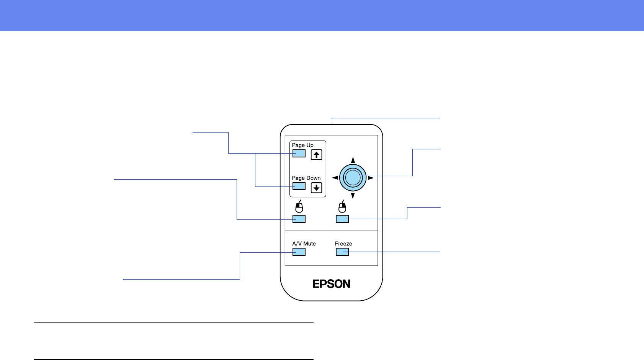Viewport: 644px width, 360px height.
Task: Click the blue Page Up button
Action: point(299,154)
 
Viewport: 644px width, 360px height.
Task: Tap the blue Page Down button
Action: point(299,186)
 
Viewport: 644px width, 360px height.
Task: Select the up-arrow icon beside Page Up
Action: point(316,155)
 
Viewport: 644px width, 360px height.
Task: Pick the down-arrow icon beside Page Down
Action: point(316,188)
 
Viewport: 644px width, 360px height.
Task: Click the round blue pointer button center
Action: point(353,177)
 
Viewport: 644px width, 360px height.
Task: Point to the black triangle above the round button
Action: point(353,160)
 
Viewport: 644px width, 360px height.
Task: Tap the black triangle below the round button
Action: point(353,196)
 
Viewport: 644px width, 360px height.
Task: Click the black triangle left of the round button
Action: point(335,178)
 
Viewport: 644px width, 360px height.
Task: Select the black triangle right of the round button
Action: point(371,178)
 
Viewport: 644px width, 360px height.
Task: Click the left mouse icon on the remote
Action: point(299,207)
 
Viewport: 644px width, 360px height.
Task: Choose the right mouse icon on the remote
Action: point(342,207)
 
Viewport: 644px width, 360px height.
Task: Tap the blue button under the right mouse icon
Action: point(342,219)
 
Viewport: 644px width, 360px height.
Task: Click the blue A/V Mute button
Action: point(299,252)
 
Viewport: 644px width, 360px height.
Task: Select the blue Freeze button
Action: point(342,252)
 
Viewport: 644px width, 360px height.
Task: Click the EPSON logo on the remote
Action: point(332,284)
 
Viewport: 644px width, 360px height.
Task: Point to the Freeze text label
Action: point(343,244)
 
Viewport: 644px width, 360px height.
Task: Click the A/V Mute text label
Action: point(304,244)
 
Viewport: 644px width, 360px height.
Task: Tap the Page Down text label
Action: point(306,178)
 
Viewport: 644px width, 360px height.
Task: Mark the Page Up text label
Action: point(302,145)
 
